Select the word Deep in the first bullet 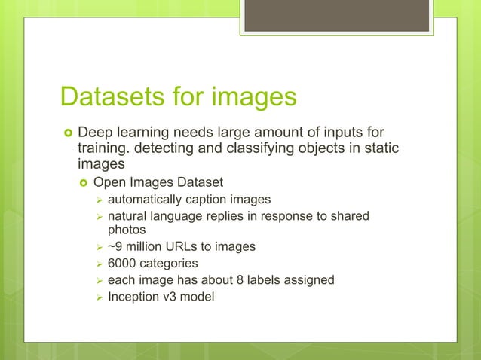pos(96,133)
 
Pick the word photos pos(127,230)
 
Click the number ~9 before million pos(116,246)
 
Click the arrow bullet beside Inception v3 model pos(97,296)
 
